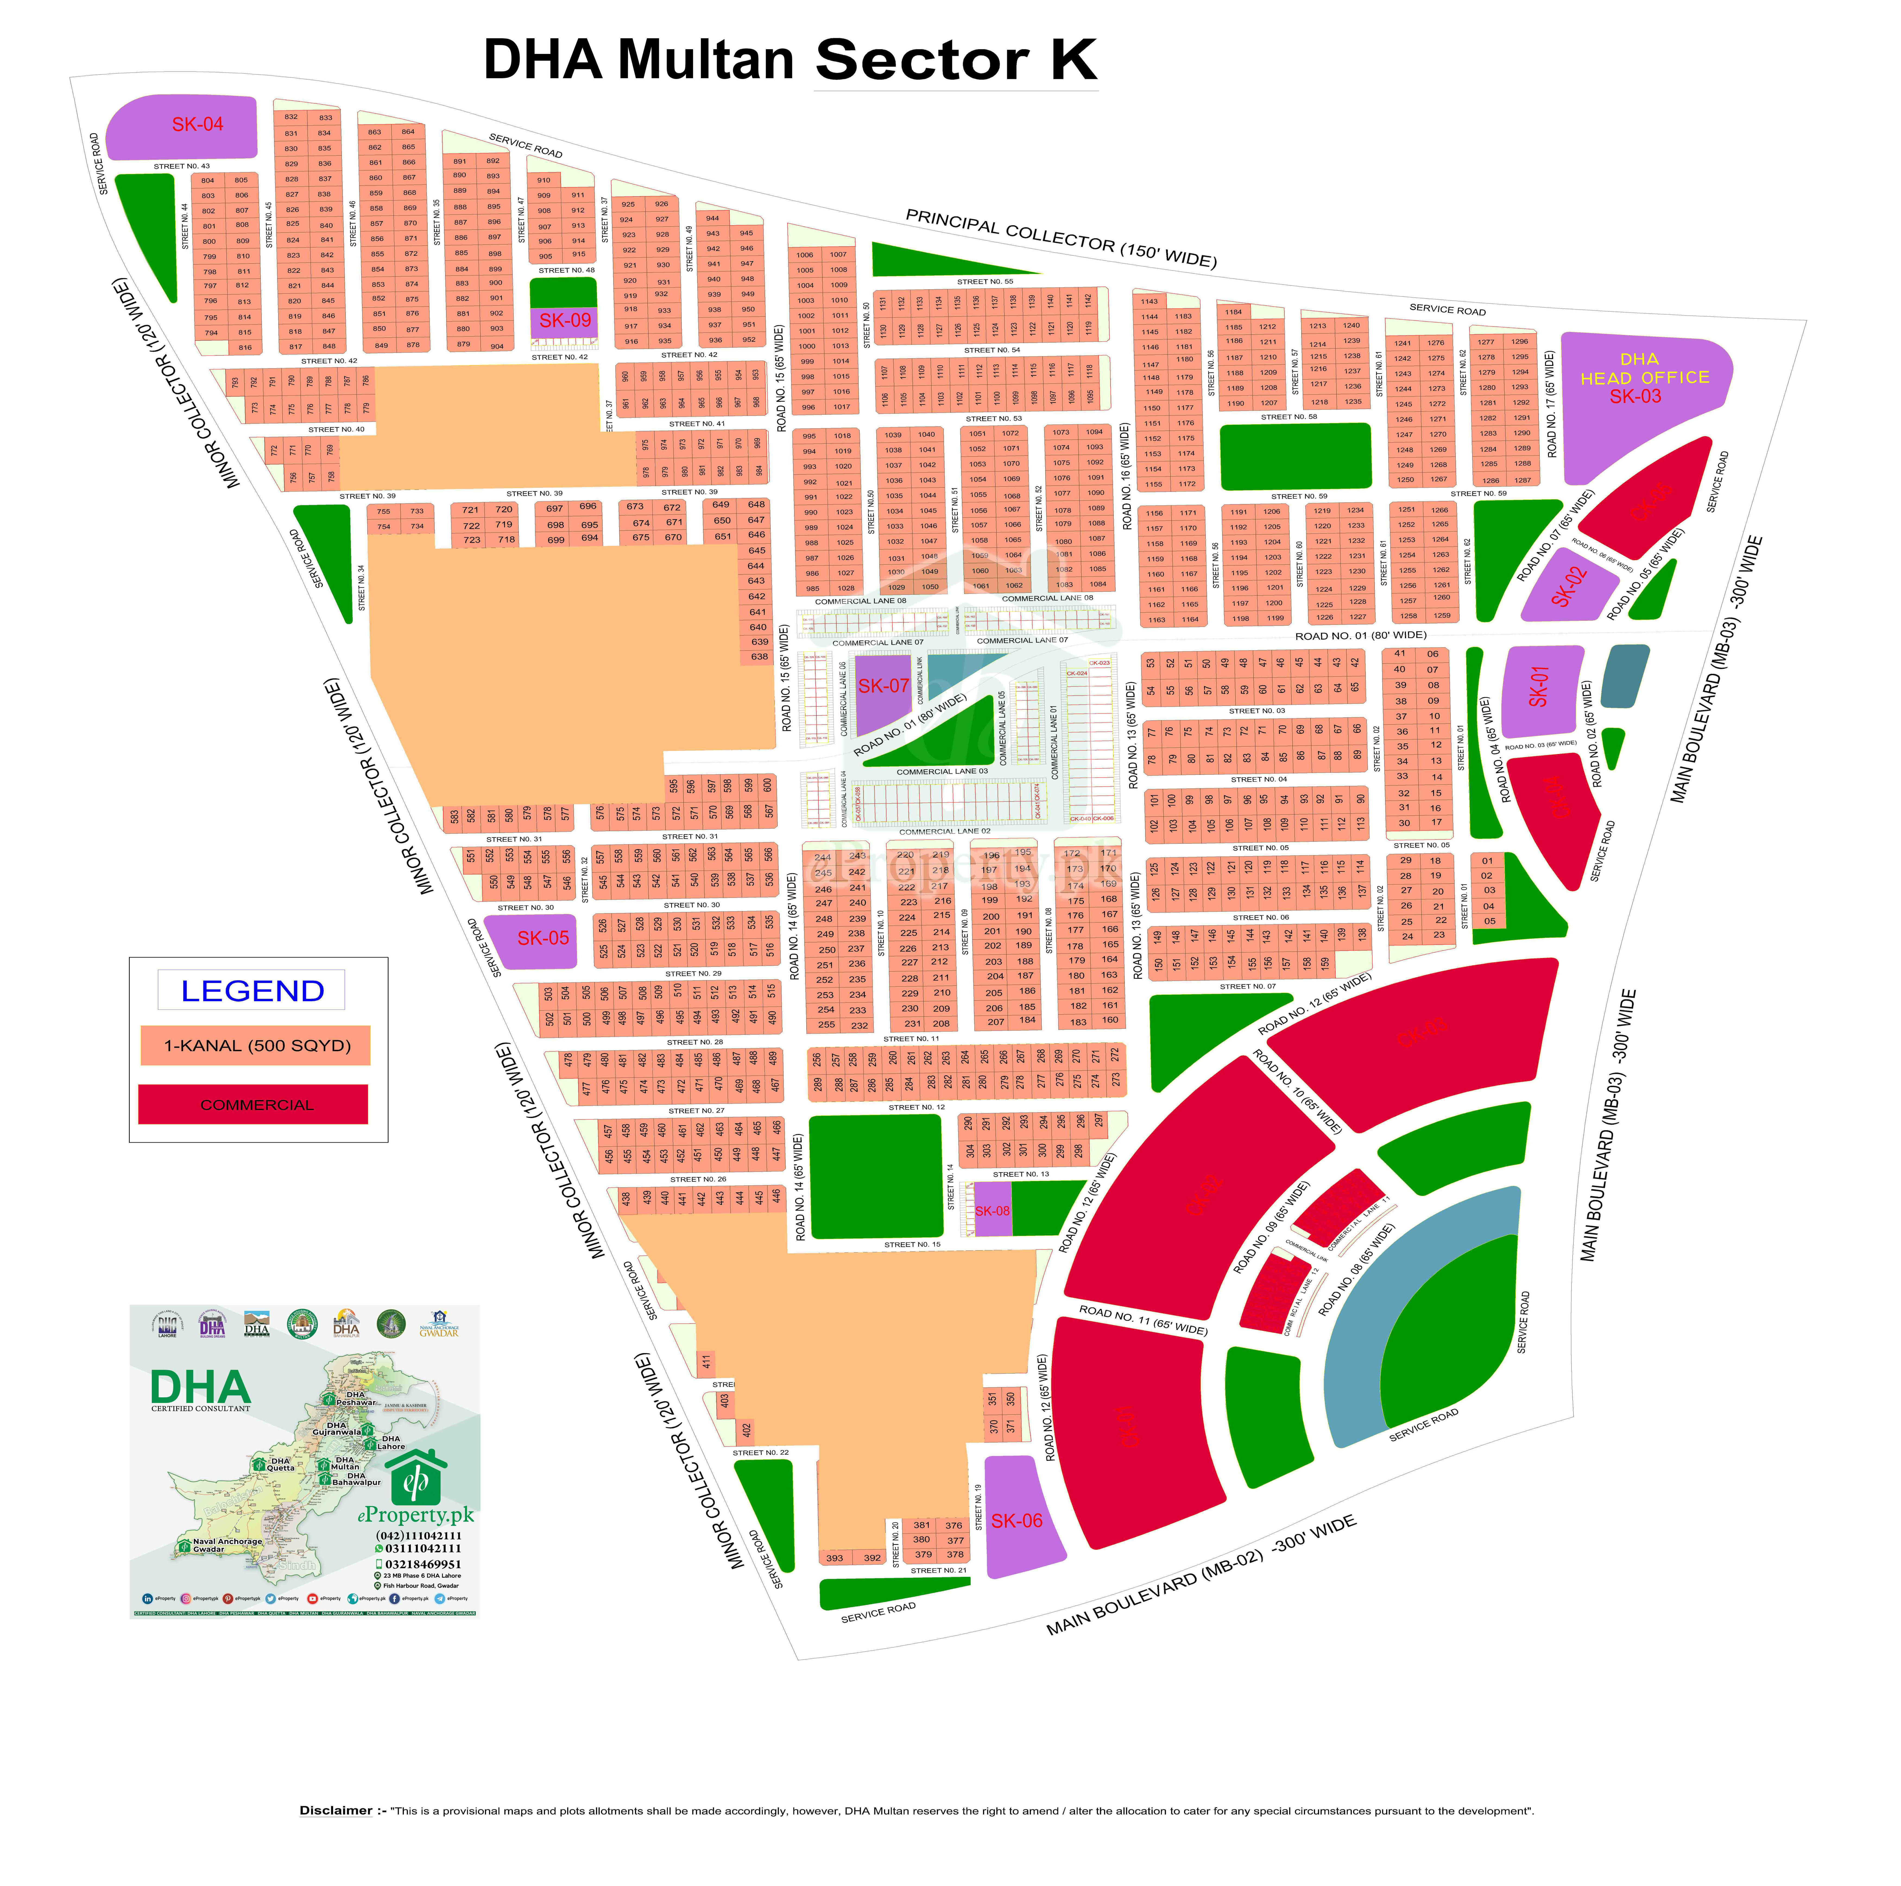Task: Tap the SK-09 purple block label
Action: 565,321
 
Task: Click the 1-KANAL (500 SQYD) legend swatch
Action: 256,1046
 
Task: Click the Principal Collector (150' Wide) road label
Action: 1061,238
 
